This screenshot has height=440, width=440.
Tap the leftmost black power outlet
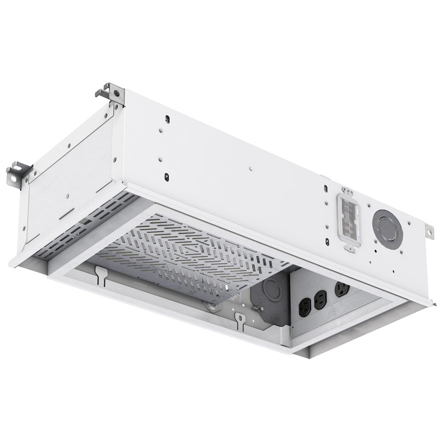(x=305, y=305)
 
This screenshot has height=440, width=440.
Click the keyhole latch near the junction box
(x=240, y=321)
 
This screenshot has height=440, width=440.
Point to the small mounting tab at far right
(x=429, y=231)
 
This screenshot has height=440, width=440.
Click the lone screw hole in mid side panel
(x=250, y=168)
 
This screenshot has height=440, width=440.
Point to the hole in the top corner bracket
(x=117, y=93)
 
